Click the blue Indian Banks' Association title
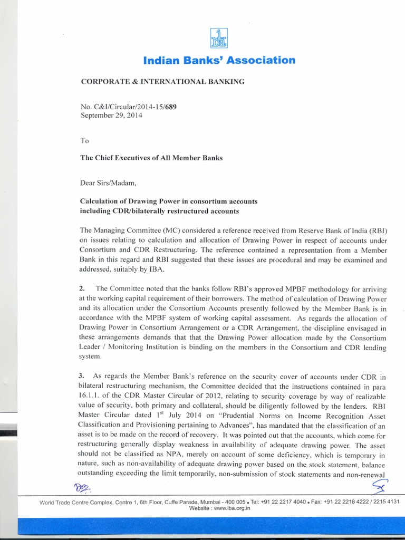click(x=219, y=60)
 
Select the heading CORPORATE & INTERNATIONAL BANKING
click(x=162, y=82)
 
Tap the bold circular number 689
click(x=169, y=107)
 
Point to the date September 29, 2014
click(x=111, y=115)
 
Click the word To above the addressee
click(x=84, y=140)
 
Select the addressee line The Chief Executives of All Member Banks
click(x=151, y=158)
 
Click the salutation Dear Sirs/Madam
click(x=108, y=184)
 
